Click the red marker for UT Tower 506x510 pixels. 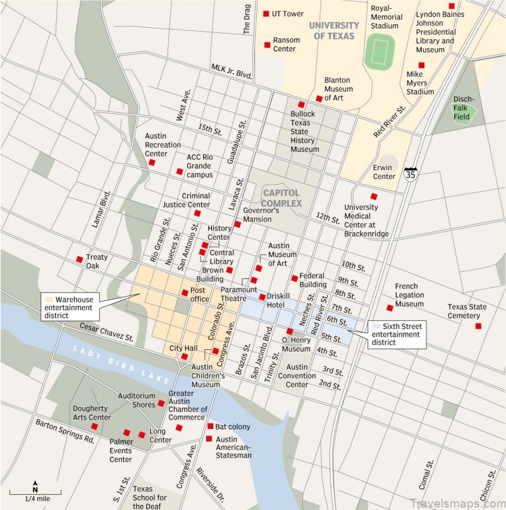click(266, 13)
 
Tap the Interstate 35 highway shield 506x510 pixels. click(411, 174)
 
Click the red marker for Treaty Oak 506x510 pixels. click(79, 258)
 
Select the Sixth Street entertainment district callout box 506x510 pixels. click(396, 333)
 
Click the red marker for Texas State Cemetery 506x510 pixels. click(478, 326)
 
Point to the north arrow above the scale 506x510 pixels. click(35, 488)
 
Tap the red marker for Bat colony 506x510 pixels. click(209, 426)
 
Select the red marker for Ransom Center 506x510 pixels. click(267, 44)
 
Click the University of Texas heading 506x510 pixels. click(333, 30)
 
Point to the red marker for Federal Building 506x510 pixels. click(294, 278)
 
